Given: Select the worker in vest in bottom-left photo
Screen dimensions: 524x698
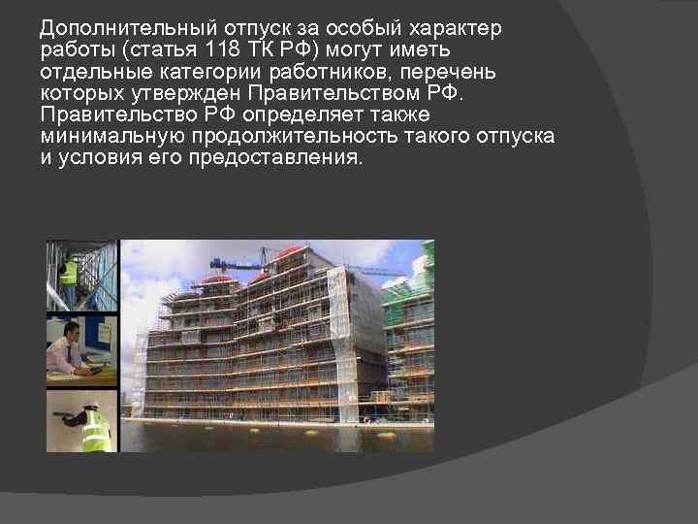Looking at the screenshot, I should coord(94,427).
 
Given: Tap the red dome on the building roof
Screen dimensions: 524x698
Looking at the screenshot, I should coord(288,253).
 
